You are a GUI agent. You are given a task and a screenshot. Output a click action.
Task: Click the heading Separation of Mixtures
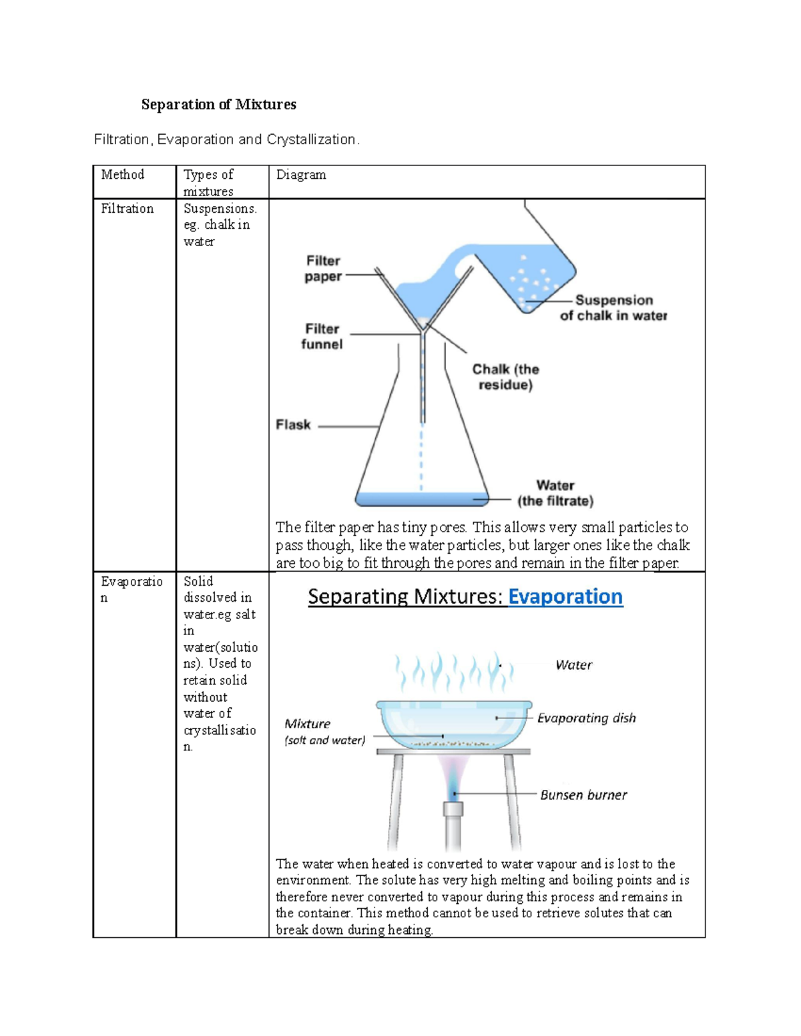(x=218, y=104)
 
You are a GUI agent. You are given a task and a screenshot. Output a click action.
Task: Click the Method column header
(x=122, y=175)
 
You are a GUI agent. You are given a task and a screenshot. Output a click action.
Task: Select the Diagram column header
(x=301, y=175)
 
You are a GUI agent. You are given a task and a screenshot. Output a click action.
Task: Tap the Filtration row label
(x=127, y=209)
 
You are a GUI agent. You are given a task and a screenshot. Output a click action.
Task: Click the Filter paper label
(x=323, y=268)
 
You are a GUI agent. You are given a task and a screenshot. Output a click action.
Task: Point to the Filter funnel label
(x=322, y=336)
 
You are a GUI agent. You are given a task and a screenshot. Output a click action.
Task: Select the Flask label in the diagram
(x=293, y=425)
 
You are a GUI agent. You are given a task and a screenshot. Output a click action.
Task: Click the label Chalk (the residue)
(x=505, y=377)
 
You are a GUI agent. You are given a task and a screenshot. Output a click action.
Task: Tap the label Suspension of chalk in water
(x=613, y=308)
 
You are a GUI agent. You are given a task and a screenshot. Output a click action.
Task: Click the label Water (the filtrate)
(x=555, y=493)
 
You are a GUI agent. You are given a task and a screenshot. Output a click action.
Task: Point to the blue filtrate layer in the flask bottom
(x=421, y=498)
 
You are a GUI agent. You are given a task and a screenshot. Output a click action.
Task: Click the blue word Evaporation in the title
(x=565, y=596)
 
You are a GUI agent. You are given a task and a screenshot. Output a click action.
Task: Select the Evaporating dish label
(x=586, y=718)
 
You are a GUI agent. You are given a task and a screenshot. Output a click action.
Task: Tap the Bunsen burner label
(x=583, y=795)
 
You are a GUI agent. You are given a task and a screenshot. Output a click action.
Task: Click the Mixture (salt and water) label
(x=324, y=732)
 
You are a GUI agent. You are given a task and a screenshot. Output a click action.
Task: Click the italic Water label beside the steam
(x=573, y=665)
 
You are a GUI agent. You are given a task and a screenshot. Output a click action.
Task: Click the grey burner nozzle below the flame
(x=453, y=811)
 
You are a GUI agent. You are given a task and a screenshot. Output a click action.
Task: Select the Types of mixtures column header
(x=208, y=183)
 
